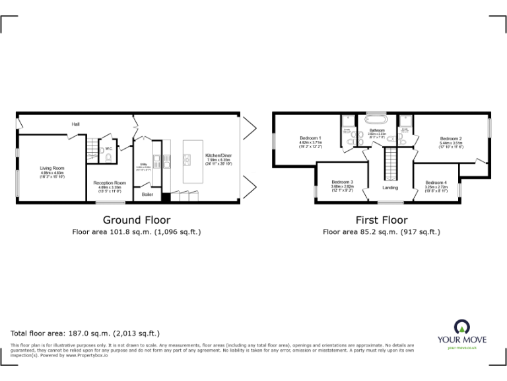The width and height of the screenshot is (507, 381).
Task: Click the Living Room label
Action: click(51, 169)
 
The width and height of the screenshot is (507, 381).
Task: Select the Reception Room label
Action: click(109, 183)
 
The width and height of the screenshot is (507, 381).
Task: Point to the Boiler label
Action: click(147, 194)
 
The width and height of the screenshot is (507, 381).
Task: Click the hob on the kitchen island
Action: click(187, 158)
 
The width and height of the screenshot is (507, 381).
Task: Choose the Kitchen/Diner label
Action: click(219, 155)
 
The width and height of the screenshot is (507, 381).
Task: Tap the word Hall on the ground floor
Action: click(76, 124)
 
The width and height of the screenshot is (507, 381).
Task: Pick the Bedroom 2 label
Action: click(451, 139)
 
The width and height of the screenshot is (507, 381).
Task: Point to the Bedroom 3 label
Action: click(342, 182)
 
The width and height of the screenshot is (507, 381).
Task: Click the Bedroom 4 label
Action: click(436, 183)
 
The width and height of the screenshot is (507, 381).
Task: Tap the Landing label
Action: click(390, 188)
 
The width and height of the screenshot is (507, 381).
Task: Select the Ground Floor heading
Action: click(137, 220)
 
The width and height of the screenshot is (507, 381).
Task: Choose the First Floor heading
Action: click(381, 220)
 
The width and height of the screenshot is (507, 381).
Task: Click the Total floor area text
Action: click(85, 333)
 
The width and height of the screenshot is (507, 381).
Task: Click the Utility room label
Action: click(143, 165)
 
